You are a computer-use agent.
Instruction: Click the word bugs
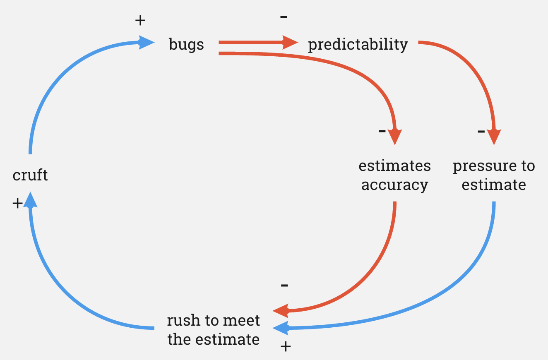186,44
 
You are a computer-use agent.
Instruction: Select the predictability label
358,44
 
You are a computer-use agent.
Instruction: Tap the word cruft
30,175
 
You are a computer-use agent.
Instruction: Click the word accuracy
394,185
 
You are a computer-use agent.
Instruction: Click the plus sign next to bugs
141,20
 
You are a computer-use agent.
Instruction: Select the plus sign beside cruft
17,203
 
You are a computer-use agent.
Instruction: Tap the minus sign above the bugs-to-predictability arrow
284,17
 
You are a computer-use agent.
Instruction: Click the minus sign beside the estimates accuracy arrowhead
382,131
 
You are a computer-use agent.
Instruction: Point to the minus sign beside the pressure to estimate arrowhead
481,132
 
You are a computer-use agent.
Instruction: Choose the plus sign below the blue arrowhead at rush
285,346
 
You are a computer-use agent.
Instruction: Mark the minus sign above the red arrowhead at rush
284,285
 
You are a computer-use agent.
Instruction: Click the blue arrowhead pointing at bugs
146,42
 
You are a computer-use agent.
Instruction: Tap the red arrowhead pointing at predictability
290,42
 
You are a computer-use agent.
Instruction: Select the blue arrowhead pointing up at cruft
30,200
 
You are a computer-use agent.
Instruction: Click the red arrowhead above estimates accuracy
395,136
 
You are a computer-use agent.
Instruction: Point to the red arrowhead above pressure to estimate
494,136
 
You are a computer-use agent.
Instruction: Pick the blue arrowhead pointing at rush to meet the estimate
281,328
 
